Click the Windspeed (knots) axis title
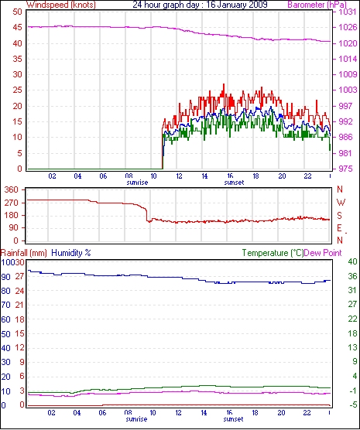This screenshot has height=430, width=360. click(61, 5)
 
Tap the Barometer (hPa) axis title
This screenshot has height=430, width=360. click(317, 5)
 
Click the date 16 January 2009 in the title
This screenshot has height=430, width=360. click(235, 5)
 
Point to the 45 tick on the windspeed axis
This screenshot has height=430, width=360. click(17, 27)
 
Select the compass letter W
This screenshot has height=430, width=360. click(341, 203)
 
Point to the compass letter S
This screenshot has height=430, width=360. click(340, 216)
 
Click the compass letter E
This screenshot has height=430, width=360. click(340, 228)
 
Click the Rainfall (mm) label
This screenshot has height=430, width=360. click(24, 253)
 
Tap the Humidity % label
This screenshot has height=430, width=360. click(71, 253)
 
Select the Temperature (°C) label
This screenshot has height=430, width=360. click(273, 253)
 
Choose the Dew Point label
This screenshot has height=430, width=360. click(323, 253)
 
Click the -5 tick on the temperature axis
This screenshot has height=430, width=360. click(352, 404)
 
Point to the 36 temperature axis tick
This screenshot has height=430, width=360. click(352, 276)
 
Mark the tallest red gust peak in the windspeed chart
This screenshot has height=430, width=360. click(224, 84)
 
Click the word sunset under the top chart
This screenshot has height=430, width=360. click(234, 183)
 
